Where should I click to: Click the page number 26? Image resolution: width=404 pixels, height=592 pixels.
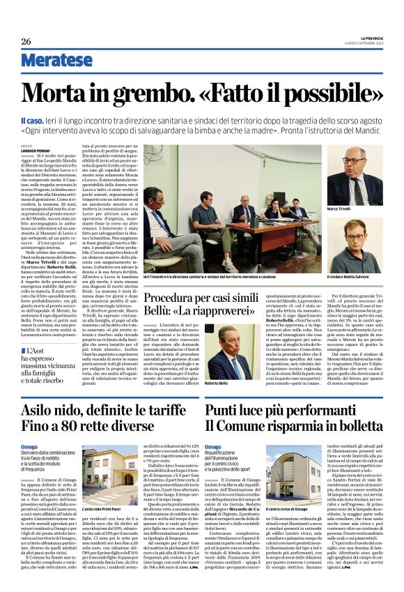pos(26,41)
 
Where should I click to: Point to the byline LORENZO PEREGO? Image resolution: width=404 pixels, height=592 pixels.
pos(36,150)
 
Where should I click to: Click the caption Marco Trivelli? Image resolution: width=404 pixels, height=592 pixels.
pos(340,208)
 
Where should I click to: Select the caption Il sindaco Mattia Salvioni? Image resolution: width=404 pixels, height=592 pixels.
pos(352,278)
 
